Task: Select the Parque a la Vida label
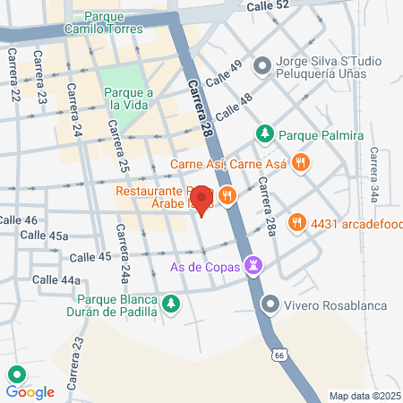(x=129, y=99)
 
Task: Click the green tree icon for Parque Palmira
(x=265, y=135)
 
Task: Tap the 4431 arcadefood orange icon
(x=295, y=221)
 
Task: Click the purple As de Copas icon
(x=255, y=265)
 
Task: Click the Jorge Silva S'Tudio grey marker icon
(x=262, y=64)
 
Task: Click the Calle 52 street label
(x=270, y=5)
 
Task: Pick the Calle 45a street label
(x=47, y=236)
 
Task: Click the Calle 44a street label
(x=56, y=279)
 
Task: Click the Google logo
(x=30, y=391)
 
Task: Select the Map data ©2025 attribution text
(x=364, y=396)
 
